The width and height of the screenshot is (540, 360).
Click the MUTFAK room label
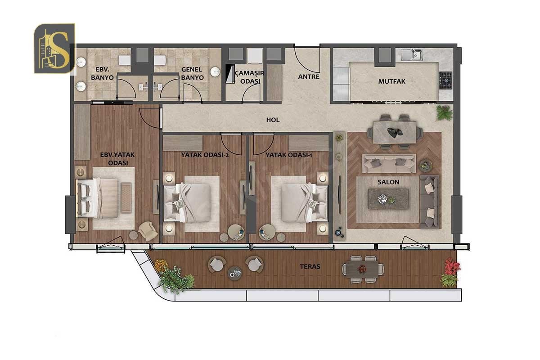(392, 81)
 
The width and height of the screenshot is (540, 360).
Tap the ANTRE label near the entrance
(309, 76)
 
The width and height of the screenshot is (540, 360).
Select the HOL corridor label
(273, 120)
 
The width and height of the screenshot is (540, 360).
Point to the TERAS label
(310, 266)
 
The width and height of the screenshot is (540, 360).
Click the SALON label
(388, 182)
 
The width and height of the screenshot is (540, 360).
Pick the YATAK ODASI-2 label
(205, 155)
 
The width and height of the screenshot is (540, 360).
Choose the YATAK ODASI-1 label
(289, 155)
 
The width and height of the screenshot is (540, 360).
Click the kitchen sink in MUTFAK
(411, 55)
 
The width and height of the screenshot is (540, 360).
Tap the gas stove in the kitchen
(445, 80)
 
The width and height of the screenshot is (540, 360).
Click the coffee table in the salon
(388, 199)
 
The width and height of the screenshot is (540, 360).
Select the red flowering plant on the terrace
(452, 266)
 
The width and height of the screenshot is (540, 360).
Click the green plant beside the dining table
(444, 112)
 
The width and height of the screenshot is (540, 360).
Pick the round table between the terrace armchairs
(235, 273)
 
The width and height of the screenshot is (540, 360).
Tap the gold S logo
(55, 48)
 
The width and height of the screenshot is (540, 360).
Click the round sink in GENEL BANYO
(215, 72)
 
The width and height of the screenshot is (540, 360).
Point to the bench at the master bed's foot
(126, 198)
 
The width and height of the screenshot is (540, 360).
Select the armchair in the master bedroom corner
(148, 231)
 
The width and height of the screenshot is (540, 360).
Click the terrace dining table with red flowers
(363, 269)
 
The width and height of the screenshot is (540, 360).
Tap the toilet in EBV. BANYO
(125, 60)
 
